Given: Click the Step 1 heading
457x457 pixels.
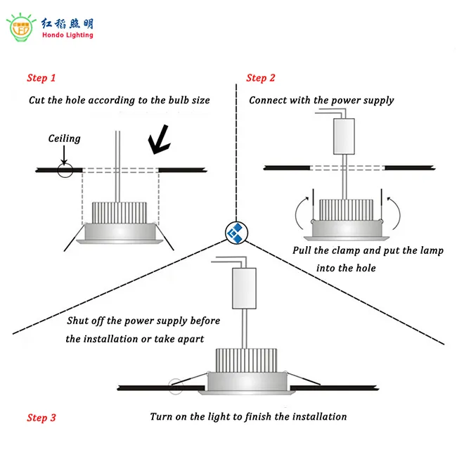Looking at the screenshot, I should pos(41,78).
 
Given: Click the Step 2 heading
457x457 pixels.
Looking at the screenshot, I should pos(261,78).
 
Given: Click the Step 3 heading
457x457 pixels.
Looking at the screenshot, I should pos(41,418).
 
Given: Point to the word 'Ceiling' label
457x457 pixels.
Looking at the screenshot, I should pos(64,139).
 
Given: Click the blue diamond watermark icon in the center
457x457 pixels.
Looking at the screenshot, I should pos(235,232).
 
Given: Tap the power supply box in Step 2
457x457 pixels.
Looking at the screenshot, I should pos(344,136).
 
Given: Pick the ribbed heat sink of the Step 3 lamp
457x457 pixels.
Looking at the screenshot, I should pos(243,359).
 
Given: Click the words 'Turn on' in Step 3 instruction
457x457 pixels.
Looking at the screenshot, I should pos(167,417).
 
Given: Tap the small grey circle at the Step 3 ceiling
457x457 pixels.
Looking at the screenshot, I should pos(173,385).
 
